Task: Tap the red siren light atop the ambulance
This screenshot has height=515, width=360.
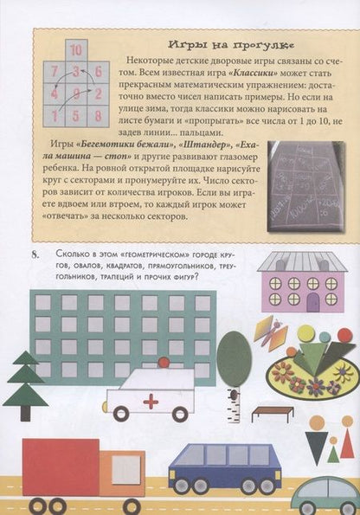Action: [163, 364]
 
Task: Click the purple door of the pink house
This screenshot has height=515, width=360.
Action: [312, 301]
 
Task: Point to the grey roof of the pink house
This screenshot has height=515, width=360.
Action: [302, 261]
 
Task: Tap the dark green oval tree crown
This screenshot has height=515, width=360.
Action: [234, 358]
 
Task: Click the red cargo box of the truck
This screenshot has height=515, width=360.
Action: [60, 467]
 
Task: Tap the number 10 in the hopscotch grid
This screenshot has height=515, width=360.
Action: [76, 50]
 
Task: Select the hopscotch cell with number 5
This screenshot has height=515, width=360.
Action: [76, 113]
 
